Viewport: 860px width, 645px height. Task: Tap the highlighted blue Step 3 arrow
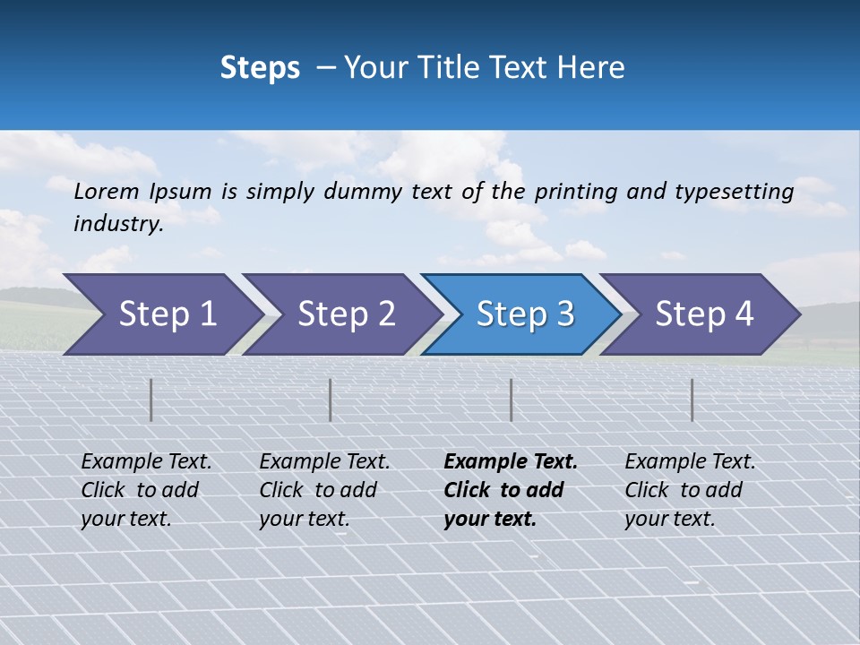click(525, 314)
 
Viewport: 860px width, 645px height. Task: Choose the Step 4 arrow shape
click(704, 314)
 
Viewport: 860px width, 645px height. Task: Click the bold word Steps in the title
click(260, 68)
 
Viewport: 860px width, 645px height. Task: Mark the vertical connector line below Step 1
click(151, 400)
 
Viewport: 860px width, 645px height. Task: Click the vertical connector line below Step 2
click(331, 400)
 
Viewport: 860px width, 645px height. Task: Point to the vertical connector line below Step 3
click(511, 400)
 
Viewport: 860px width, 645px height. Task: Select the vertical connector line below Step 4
click(692, 400)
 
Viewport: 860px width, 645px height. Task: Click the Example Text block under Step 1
click(146, 490)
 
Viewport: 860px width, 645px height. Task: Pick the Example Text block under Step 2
click(324, 490)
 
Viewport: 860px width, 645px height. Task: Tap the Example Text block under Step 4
click(690, 490)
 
